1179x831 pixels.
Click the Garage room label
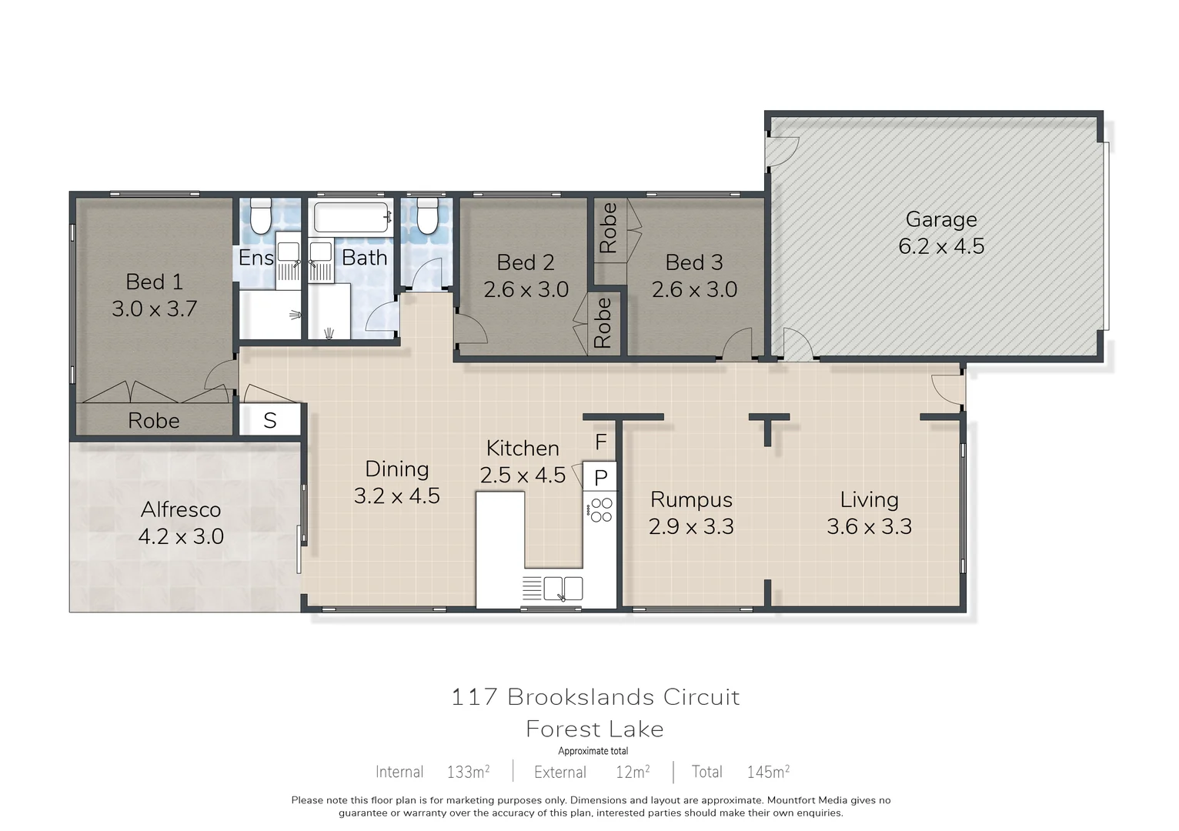tap(940, 219)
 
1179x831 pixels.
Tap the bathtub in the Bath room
tap(351, 217)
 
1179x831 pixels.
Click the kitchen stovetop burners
tap(601, 510)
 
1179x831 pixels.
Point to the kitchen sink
tap(563, 589)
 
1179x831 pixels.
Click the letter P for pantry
tap(601, 478)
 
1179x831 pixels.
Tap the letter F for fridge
tap(601, 442)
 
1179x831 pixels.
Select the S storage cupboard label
tap(269, 420)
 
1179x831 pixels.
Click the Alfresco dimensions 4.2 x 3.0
tap(181, 536)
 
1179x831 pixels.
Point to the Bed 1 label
tap(154, 282)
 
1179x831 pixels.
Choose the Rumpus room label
tap(691, 499)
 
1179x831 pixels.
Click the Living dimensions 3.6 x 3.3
tap(869, 526)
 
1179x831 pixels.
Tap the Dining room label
tap(396, 469)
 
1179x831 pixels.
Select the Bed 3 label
tap(694, 262)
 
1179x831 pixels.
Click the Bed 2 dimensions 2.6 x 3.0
tap(526, 289)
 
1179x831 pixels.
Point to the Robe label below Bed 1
tap(154, 420)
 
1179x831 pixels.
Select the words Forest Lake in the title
tap(594, 729)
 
